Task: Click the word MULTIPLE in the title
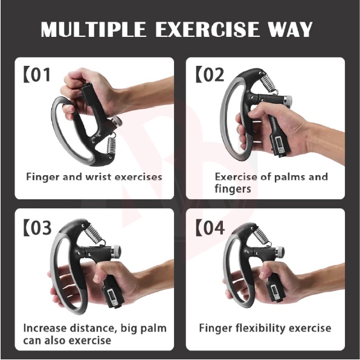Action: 93,29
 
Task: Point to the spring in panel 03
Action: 95,234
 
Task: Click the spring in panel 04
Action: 262,236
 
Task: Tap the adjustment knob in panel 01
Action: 117,121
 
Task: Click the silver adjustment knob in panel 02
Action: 288,100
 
